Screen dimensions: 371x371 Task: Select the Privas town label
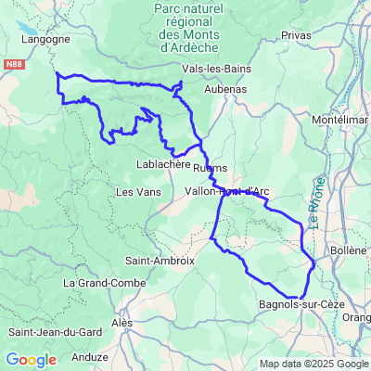298,34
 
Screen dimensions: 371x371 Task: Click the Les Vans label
134,192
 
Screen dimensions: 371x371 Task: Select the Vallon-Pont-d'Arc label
227,191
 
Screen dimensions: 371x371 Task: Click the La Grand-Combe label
93,281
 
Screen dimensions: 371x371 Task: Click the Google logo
31,360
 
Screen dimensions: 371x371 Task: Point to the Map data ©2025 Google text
313,364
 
